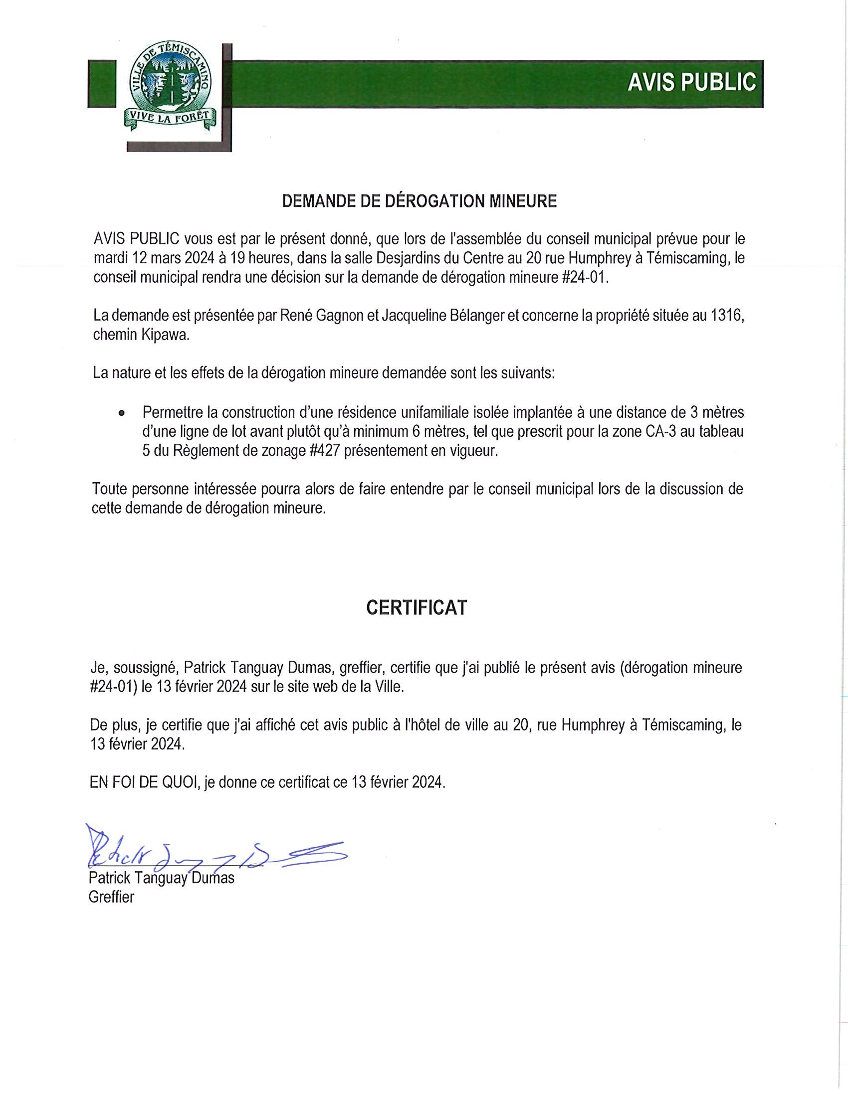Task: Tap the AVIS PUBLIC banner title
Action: (691, 82)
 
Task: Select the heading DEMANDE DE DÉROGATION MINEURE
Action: (420, 201)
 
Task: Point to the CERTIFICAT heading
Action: (417, 608)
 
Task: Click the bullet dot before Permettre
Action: (121, 414)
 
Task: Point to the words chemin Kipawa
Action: (141, 336)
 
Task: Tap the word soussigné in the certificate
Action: (145, 668)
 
